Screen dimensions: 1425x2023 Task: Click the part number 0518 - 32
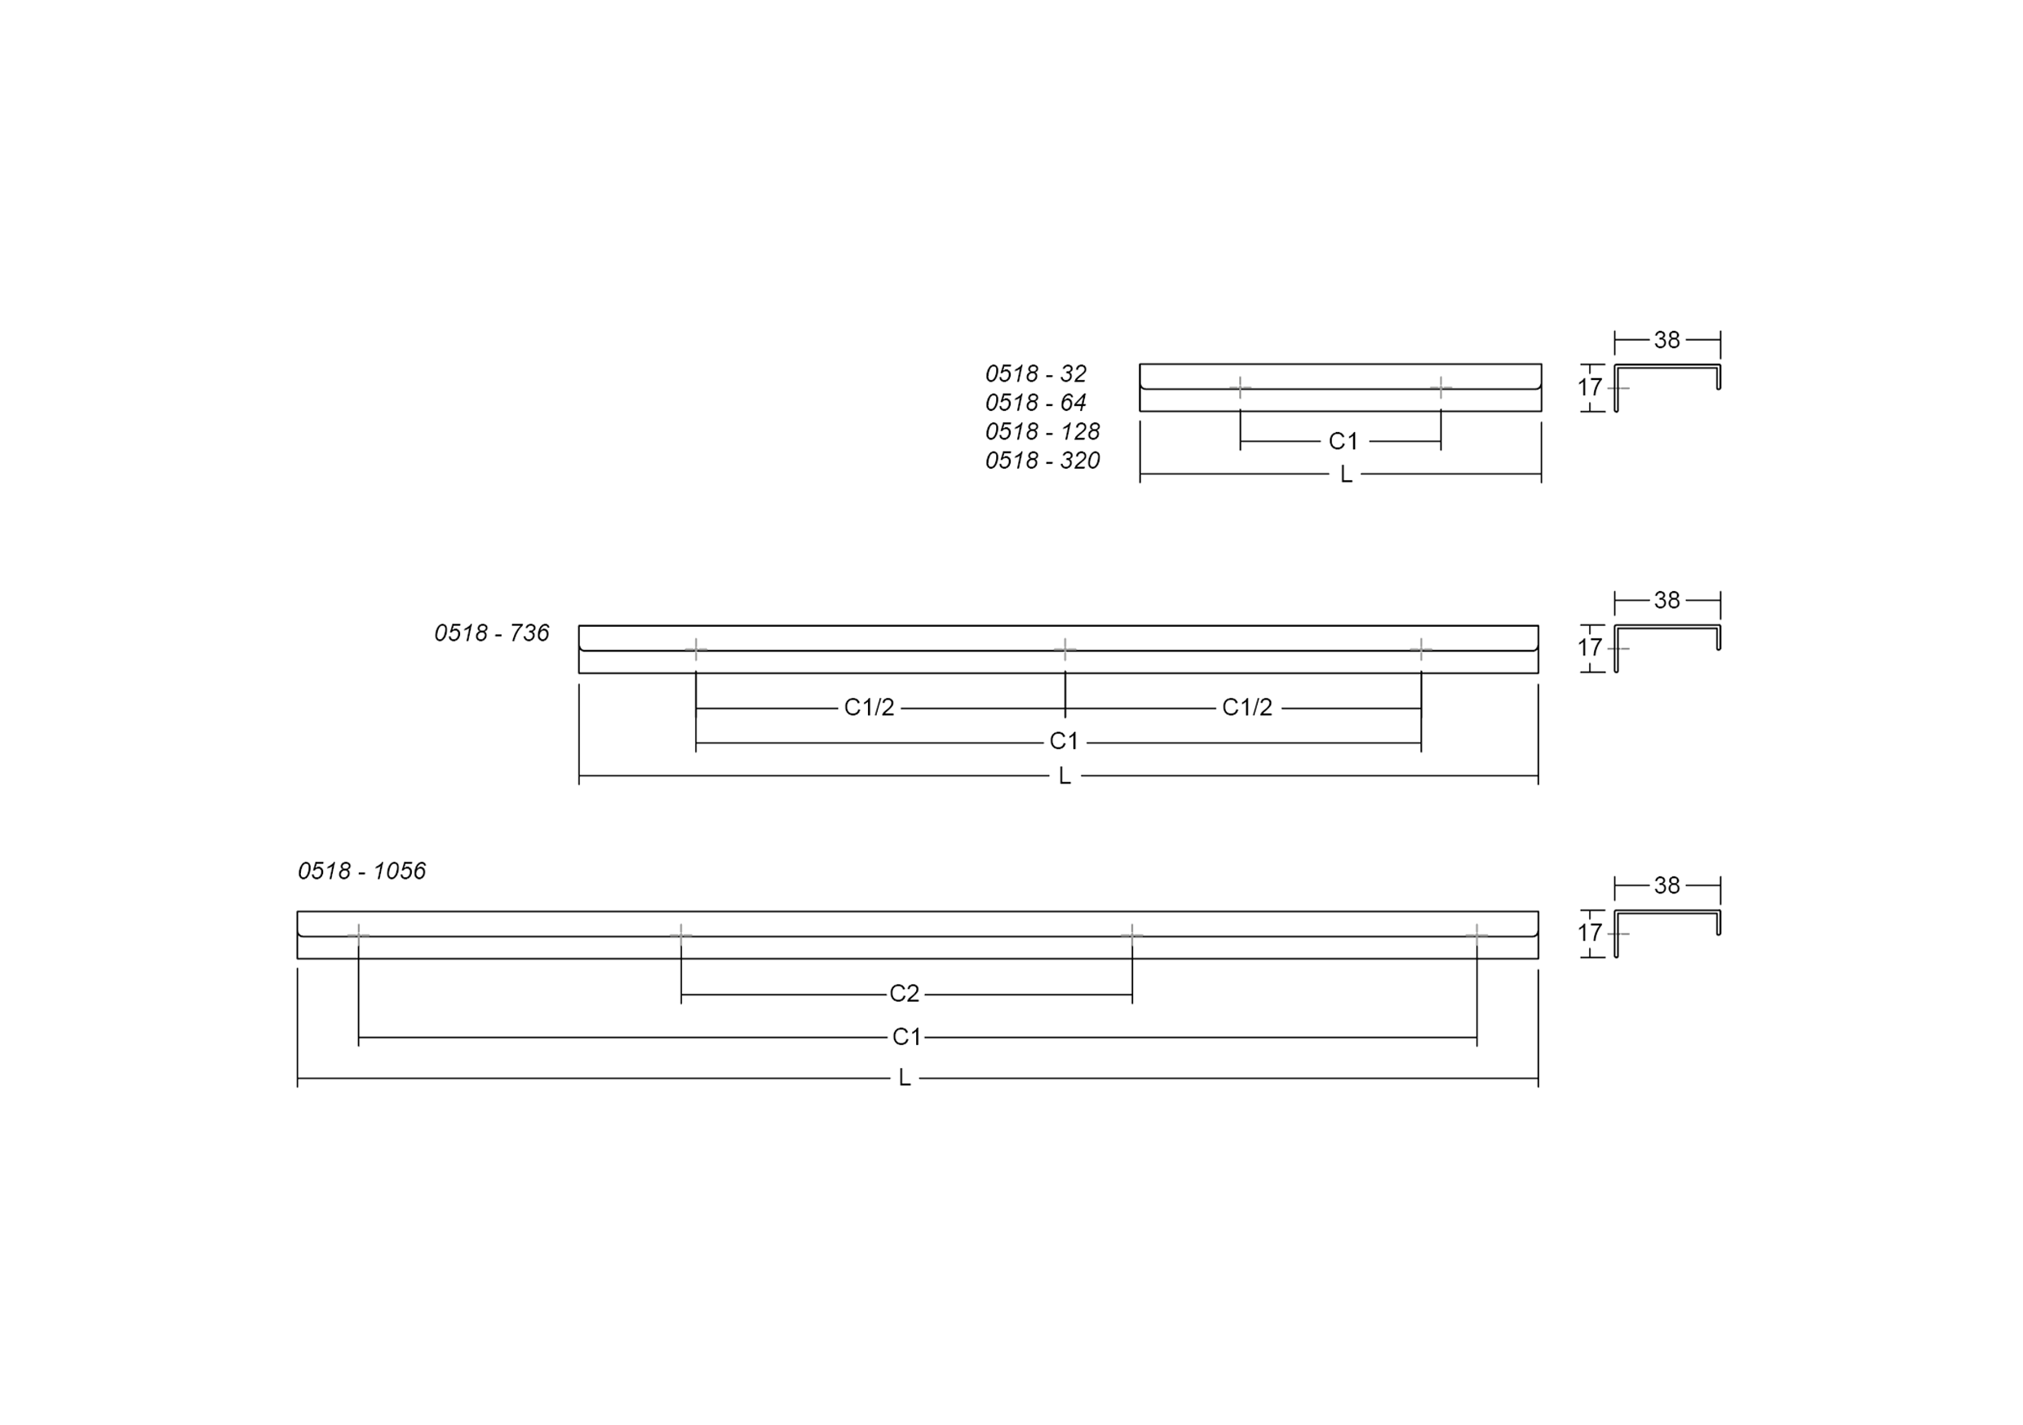point(1035,373)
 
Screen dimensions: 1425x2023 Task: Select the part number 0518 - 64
point(1035,403)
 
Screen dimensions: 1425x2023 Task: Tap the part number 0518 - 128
point(1042,431)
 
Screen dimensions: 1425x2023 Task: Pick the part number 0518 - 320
point(1042,461)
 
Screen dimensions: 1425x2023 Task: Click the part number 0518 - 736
point(492,633)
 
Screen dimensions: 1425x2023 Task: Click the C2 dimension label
point(904,995)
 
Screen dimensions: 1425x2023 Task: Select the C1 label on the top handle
point(1344,441)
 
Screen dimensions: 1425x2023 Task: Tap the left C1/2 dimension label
point(869,708)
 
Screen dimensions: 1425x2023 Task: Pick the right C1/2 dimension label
point(1246,708)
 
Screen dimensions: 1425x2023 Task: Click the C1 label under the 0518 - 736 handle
point(1064,742)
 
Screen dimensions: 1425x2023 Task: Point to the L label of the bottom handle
point(904,1078)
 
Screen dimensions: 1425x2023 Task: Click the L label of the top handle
point(1345,474)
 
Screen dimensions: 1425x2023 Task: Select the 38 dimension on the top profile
point(1667,340)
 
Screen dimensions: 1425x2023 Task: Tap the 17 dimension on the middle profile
point(1590,648)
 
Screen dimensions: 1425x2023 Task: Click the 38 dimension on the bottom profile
point(1667,886)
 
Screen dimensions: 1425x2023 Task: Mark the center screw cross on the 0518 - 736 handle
point(1065,650)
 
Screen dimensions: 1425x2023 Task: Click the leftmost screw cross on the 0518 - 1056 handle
point(358,934)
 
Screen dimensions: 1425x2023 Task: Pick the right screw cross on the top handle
point(1441,387)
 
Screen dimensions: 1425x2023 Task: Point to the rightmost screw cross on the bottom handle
point(1476,934)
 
